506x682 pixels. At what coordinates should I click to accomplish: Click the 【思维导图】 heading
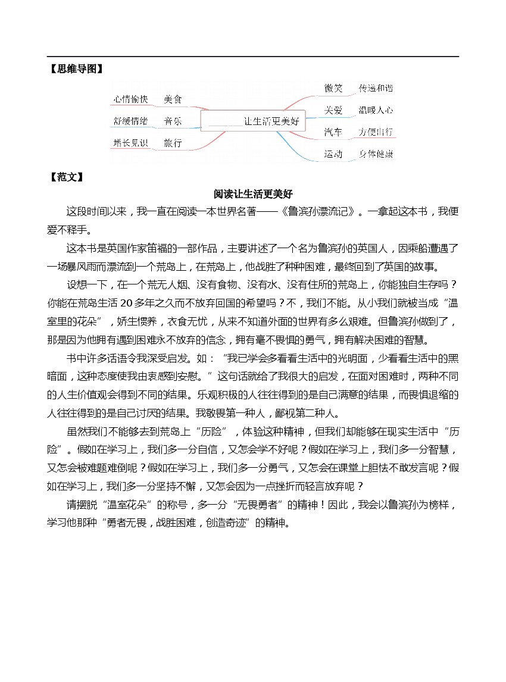74,69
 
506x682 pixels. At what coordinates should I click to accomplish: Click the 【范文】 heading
65,177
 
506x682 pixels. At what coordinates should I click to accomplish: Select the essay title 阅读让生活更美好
253,195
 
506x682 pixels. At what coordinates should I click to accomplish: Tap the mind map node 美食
173,99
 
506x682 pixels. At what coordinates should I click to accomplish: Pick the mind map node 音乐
173,121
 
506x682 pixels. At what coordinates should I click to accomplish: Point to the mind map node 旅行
173,143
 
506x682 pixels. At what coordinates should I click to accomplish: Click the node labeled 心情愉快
130,99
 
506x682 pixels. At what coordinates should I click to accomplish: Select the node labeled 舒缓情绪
130,121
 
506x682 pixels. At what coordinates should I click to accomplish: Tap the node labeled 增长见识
130,143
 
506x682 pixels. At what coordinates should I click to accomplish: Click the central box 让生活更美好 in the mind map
253,121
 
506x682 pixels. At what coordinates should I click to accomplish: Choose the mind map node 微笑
333,88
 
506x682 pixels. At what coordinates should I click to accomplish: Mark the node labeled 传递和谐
376,88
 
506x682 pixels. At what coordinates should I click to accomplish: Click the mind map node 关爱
333,110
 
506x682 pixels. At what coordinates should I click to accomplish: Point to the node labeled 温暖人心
376,110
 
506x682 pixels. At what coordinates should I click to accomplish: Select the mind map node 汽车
333,132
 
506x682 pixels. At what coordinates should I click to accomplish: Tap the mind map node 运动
333,154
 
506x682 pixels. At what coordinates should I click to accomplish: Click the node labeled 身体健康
376,154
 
